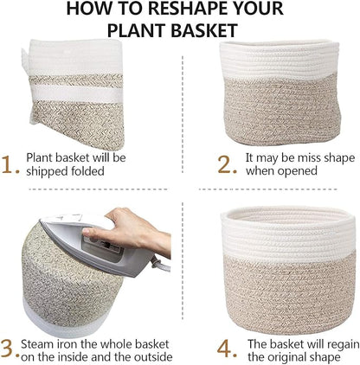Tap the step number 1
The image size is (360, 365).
10,163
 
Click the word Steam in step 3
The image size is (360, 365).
42,343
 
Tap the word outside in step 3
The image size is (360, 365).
148,356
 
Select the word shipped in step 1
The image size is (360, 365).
48,171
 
